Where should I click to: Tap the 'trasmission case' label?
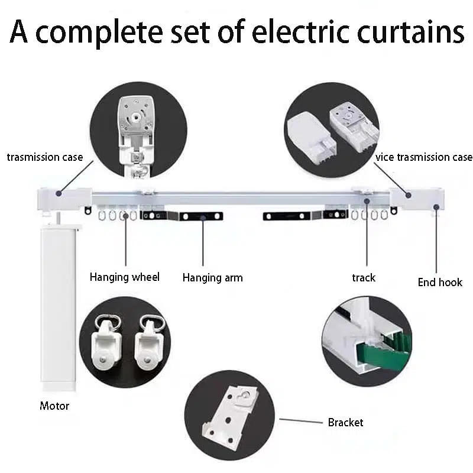(45, 157)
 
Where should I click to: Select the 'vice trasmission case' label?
(424, 157)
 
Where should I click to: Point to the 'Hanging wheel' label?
(125, 277)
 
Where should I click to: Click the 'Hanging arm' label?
(212, 277)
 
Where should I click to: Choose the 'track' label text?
(364, 277)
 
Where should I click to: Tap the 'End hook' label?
(440, 282)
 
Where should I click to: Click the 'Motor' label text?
(54, 406)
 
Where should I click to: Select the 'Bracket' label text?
(345, 422)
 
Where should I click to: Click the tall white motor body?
(58, 302)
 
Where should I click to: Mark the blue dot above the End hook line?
(436, 206)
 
